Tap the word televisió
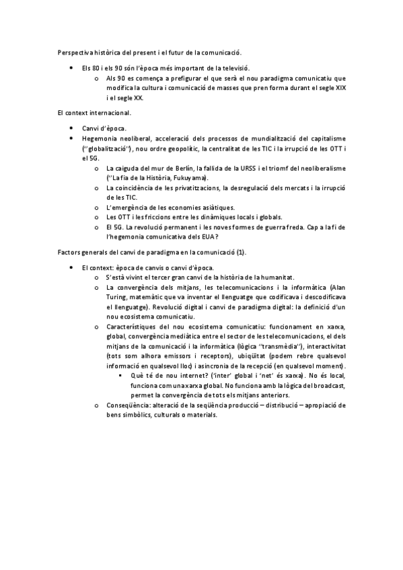click(x=233, y=68)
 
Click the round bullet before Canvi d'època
click(x=72, y=128)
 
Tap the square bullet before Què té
click(x=120, y=375)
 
